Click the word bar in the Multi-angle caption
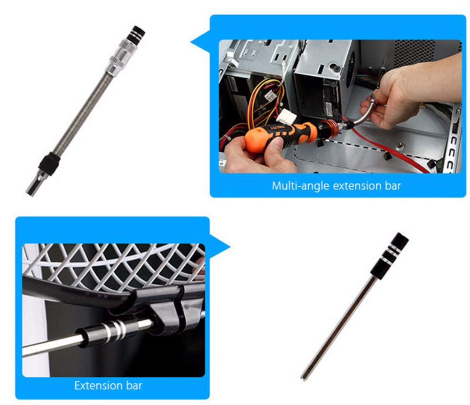click(x=393, y=186)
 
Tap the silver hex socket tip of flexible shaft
click(x=34, y=184)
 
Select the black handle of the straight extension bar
click(x=390, y=254)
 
